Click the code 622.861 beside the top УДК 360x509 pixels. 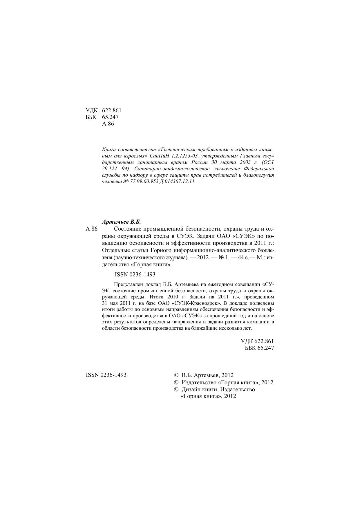[112, 111]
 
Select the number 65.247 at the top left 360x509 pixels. [110, 117]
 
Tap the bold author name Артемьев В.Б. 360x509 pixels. [121, 222]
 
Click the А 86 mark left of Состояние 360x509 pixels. [92, 229]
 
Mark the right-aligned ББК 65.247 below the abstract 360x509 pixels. [259, 348]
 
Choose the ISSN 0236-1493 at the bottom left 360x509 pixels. [106, 375]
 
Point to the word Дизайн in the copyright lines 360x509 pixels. [191, 390]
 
